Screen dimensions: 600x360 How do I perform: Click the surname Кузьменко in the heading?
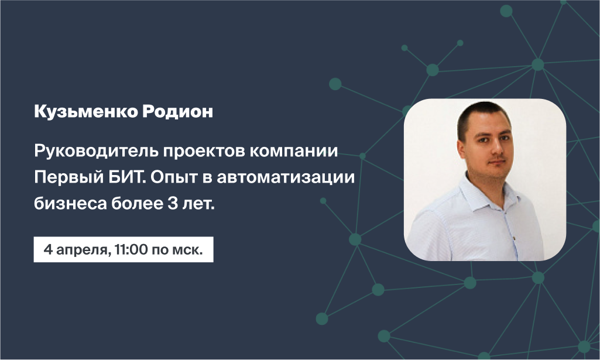(86, 112)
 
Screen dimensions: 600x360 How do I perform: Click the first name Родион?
(178, 112)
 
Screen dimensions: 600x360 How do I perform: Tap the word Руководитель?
(96, 152)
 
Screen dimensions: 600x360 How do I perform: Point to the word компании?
(294, 152)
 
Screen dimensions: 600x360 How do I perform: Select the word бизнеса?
(70, 204)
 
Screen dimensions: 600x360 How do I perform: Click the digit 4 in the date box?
(48, 250)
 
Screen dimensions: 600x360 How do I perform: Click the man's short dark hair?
(483, 115)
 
